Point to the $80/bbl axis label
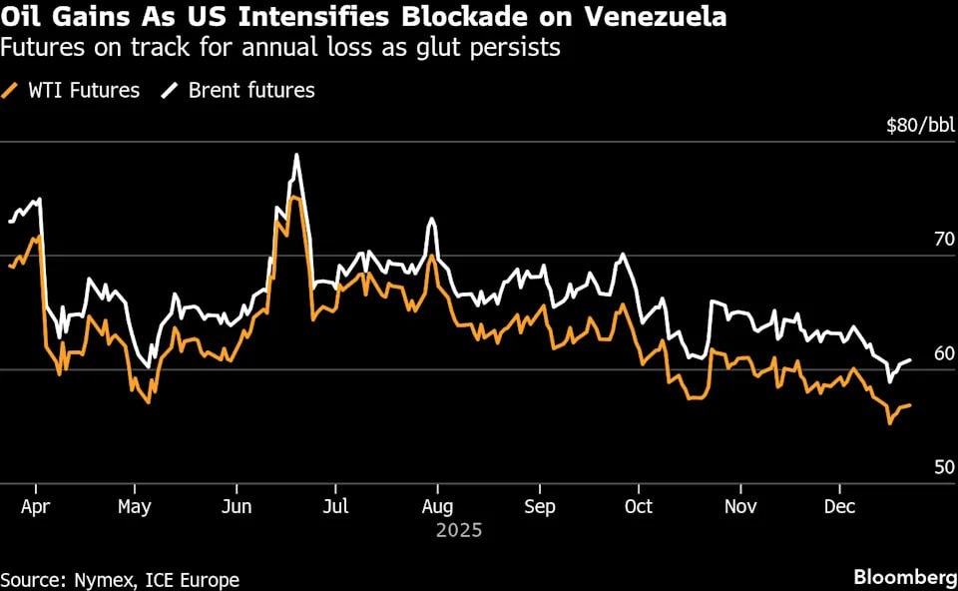(920, 125)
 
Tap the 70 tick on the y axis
(940, 239)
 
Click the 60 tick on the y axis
(940, 353)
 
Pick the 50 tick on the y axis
(940, 467)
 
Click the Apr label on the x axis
(35, 506)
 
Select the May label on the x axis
(134, 506)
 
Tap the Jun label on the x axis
(236, 506)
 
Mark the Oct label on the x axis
(638, 506)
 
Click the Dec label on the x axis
(838, 506)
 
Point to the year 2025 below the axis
(458, 530)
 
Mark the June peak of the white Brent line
(296, 155)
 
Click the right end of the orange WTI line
(910, 404)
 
